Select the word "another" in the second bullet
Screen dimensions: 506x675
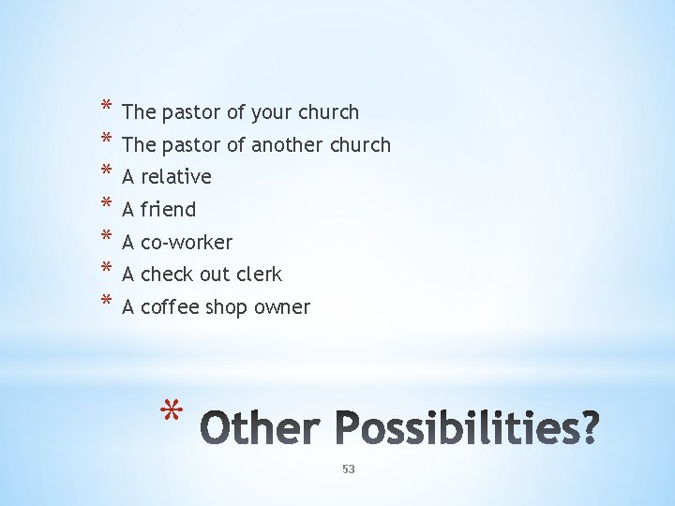click(x=283, y=145)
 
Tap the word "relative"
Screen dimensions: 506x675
click(x=176, y=177)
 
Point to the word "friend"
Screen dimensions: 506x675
click(x=168, y=210)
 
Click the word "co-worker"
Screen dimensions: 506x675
click(x=187, y=243)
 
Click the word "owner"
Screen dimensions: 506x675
click(x=281, y=307)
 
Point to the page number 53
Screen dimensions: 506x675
click(x=349, y=469)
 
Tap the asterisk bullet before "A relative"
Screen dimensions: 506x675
click(x=107, y=172)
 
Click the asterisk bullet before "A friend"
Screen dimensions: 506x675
click(x=107, y=205)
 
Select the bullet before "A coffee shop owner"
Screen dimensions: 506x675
click(x=107, y=303)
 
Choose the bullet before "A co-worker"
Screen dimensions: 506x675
click(x=107, y=238)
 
